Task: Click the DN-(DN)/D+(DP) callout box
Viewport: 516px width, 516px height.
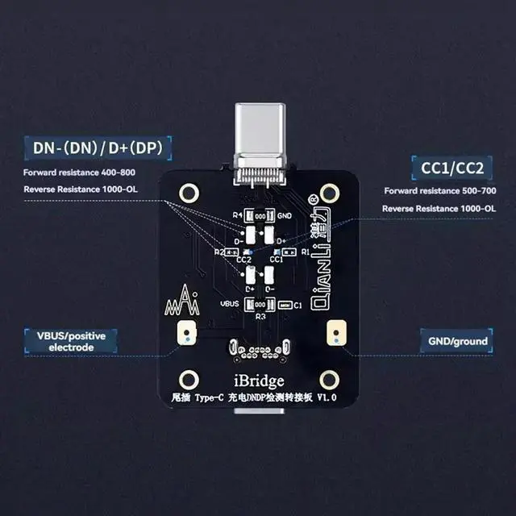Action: (x=102, y=148)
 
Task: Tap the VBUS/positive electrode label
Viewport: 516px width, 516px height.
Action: (x=70, y=341)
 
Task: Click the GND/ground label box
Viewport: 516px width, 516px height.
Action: (x=457, y=341)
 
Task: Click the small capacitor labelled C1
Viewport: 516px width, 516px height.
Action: (x=283, y=306)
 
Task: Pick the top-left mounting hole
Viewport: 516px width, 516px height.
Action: (x=189, y=193)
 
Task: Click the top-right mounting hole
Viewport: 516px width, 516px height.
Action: (x=328, y=193)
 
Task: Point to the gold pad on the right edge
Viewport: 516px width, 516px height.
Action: (x=331, y=331)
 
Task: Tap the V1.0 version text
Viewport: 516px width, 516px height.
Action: (x=327, y=398)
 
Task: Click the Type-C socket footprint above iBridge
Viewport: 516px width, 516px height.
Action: (x=258, y=350)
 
